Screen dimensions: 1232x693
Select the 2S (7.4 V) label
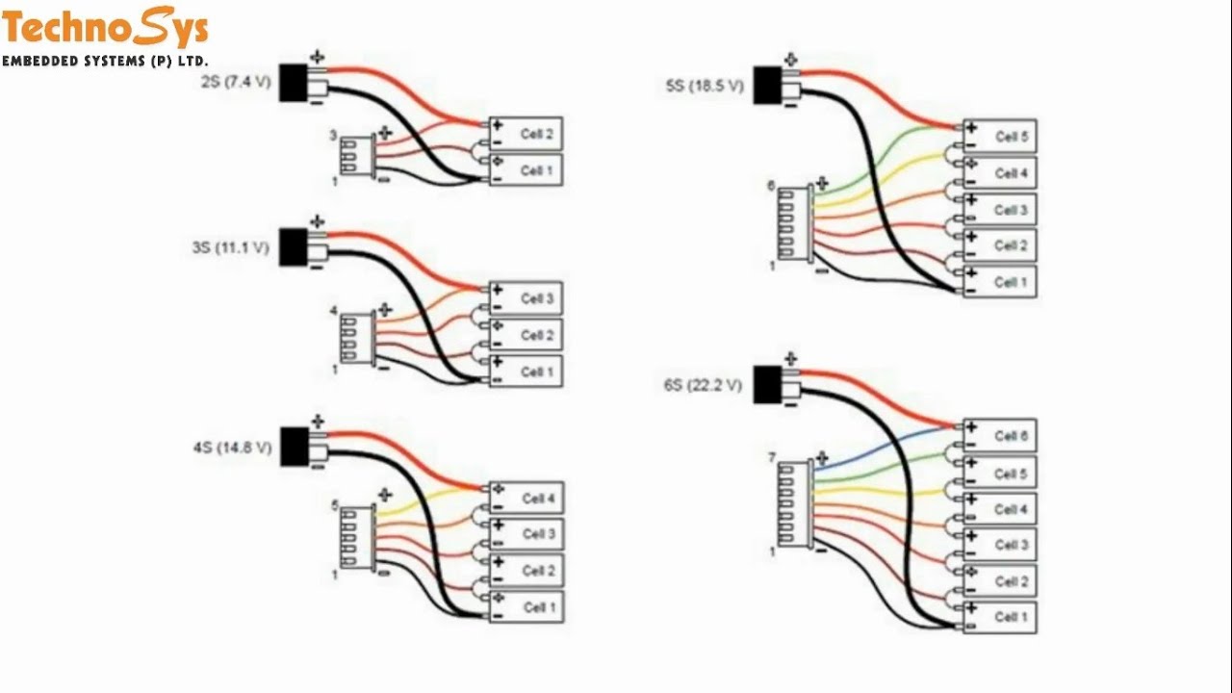(x=236, y=83)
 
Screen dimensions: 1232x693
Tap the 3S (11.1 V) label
(x=230, y=248)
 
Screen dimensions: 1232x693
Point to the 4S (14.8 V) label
(x=232, y=449)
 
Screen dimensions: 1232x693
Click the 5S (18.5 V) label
(x=705, y=87)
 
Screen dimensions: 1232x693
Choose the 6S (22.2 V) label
(x=703, y=386)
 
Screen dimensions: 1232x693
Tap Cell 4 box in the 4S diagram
(x=526, y=499)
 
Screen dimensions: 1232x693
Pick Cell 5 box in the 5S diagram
(x=1000, y=138)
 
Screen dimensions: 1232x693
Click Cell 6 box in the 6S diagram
(x=1000, y=437)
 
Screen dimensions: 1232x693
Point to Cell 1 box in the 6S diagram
(x=1000, y=617)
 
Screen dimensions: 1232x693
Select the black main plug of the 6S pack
(x=767, y=385)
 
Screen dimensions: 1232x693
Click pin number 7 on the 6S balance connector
(x=771, y=458)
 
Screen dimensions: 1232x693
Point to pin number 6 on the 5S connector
(x=771, y=186)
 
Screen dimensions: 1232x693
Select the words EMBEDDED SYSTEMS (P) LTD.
(x=105, y=62)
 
